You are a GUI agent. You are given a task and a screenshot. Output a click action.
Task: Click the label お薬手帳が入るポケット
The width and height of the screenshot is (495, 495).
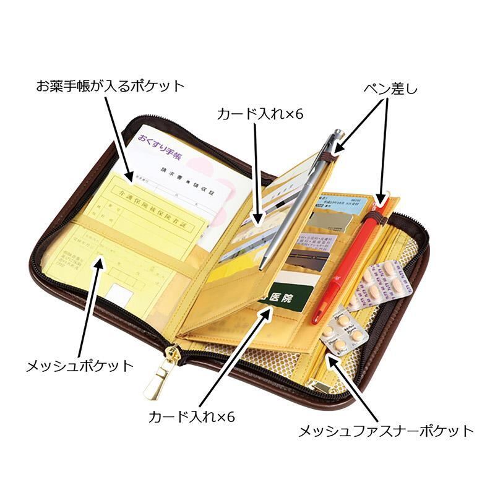(x=110, y=85)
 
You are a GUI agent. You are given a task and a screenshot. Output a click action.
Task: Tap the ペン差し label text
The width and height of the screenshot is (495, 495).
(x=390, y=88)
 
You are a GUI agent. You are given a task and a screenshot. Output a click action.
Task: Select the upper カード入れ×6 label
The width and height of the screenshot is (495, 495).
(x=260, y=114)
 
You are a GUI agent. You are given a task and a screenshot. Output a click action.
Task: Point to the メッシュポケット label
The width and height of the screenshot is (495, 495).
(x=79, y=365)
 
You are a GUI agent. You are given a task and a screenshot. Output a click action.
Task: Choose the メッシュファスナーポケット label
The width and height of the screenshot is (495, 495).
(x=385, y=431)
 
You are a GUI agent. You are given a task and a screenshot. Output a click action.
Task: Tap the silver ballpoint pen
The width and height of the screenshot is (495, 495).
(x=297, y=198)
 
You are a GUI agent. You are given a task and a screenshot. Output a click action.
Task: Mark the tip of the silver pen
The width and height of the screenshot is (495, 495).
(x=262, y=268)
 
